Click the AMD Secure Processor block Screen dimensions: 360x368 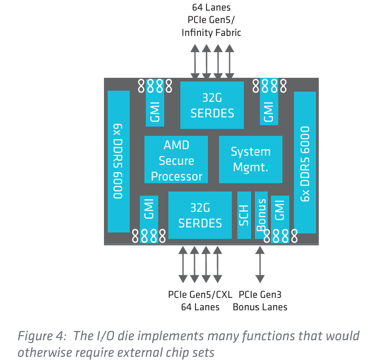point(176,160)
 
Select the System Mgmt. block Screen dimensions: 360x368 point(250,159)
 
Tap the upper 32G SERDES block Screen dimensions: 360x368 point(212,105)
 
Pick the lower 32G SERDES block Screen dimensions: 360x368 point(200,215)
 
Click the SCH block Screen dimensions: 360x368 point(244,215)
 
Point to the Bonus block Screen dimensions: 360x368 point(261,215)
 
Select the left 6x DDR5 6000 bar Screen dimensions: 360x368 point(118,162)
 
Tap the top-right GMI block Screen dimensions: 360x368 point(269,107)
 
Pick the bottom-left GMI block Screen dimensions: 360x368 point(149,213)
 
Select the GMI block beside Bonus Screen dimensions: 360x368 point(280,212)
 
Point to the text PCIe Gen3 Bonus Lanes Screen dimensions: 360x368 point(260,301)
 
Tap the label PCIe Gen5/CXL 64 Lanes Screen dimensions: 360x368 point(200,301)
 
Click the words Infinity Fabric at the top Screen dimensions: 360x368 point(211,33)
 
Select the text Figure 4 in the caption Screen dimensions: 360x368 point(36,337)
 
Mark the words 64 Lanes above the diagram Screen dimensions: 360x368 point(211,7)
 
